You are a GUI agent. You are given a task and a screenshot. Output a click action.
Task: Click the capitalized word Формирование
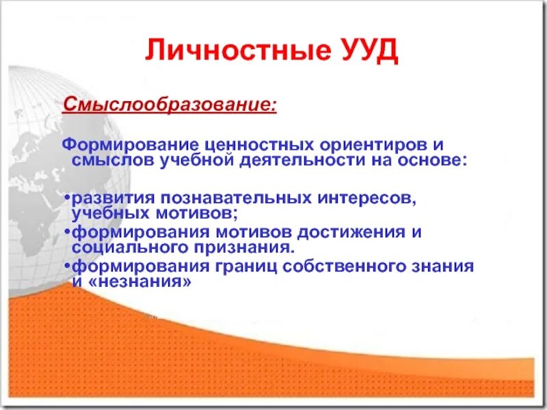[x=129, y=145]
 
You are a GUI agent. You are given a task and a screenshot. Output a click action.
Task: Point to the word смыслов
[x=110, y=160]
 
